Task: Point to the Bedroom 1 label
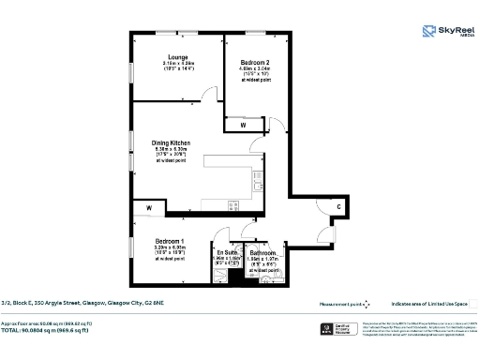[x=170, y=241]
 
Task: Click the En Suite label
[x=227, y=252]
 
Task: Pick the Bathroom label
[x=262, y=253]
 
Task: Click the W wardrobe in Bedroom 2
[x=243, y=124]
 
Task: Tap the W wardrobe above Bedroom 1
[x=148, y=207]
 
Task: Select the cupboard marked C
[x=338, y=206]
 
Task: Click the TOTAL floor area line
[x=56, y=332]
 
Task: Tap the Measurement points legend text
[x=341, y=303]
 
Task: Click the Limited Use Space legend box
[x=473, y=303]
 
